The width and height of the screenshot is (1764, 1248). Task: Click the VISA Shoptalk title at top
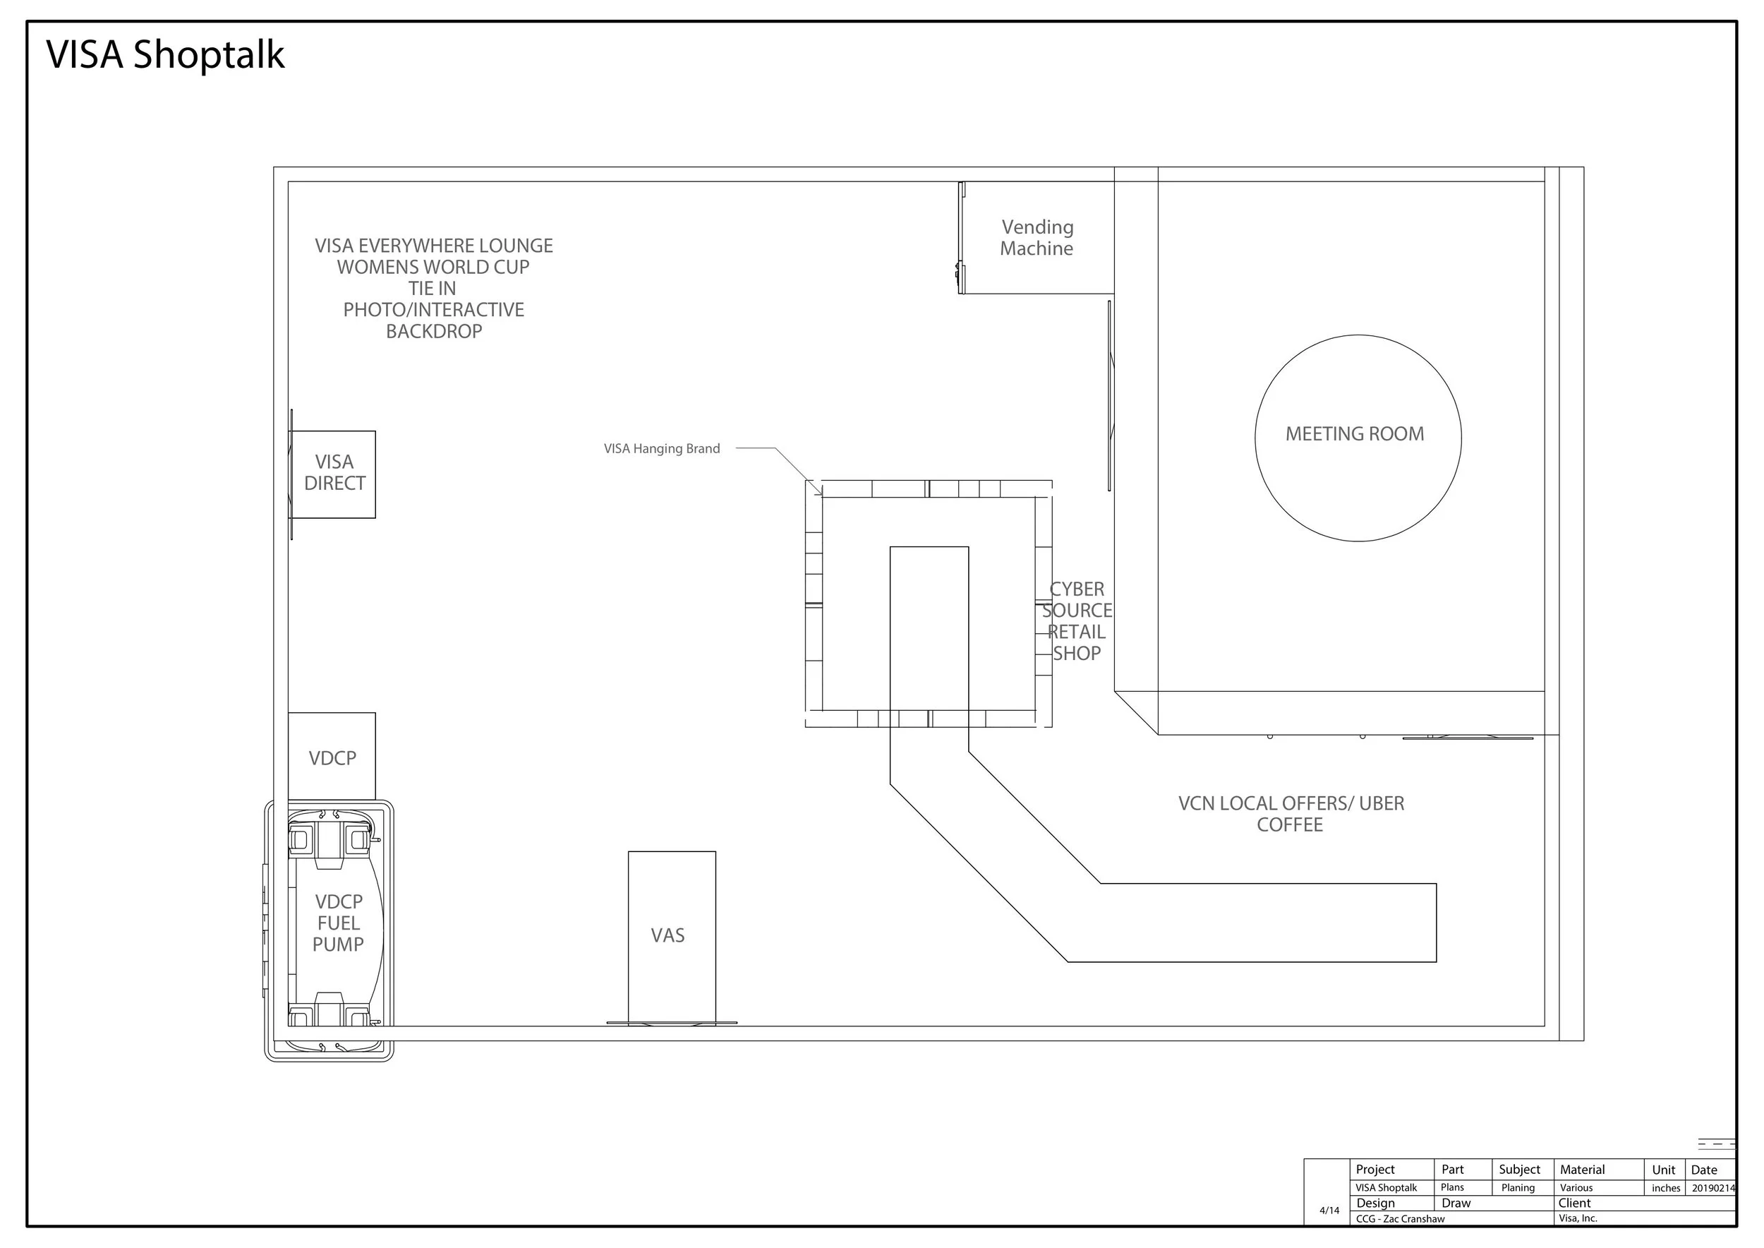(165, 54)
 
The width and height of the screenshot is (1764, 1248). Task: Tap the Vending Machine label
(1037, 237)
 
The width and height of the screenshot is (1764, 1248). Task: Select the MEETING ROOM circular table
(1358, 336)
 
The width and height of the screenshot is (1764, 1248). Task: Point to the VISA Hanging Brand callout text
(662, 449)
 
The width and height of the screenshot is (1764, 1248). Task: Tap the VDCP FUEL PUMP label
(338, 923)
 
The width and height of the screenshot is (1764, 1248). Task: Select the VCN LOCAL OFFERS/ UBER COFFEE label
(1291, 814)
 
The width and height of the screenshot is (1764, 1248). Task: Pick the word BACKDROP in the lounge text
(434, 331)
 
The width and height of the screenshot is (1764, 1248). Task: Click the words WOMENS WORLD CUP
(433, 268)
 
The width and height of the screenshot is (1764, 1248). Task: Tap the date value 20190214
(1713, 1188)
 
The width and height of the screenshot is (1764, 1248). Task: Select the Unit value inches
(1666, 1188)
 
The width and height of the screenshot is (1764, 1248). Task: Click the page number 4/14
(1329, 1211)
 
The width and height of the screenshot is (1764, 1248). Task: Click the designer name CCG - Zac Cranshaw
(1400, 1219)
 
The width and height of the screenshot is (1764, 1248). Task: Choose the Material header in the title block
(1582, 1170)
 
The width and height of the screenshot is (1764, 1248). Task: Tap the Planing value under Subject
(1518, 1188)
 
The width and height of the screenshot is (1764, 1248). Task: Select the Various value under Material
(1576, 1188)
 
